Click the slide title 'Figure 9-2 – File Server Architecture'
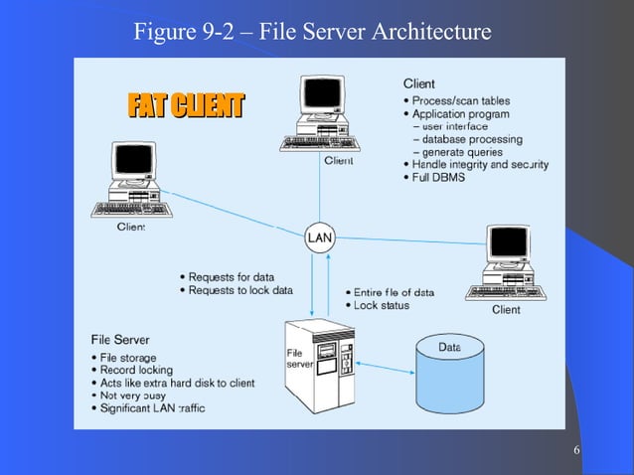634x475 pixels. (x=312, y=32)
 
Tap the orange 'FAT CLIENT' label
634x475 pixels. (x=185, y=104)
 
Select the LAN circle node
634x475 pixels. (x=319, y=238)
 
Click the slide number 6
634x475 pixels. (x=577, y=453)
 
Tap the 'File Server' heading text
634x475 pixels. (x=120, y=340)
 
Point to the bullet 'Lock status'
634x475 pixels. (x=382, y=305)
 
